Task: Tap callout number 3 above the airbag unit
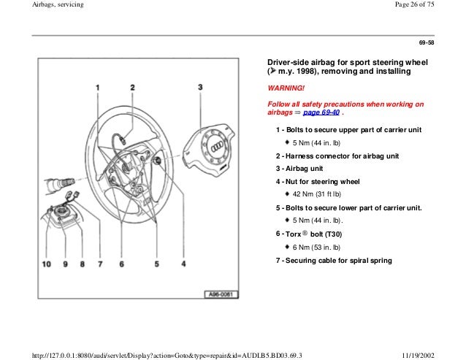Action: tap(200, 88)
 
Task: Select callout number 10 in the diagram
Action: tap(47, 264)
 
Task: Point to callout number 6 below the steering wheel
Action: tap(122, 264)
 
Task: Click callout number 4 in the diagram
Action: tap(183, 264)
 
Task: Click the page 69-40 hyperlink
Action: tap(319, 114)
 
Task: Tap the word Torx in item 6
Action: tap(296, 234)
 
